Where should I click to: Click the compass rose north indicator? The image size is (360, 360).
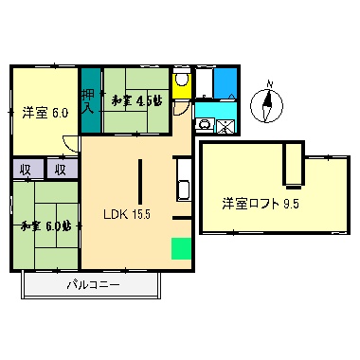pos(268,106)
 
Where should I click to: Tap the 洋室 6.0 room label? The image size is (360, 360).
pos(45,113)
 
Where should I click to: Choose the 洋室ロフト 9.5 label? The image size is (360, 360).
pos(260,203)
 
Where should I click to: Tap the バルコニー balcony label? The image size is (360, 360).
pos(93,285)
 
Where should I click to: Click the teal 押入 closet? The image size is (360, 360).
pos(89,100)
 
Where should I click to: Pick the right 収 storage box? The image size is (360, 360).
pos(59,171)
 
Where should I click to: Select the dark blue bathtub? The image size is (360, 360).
pos(225,82)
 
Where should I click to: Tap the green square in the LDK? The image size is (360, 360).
pos(180,248)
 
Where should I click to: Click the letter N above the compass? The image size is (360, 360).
pos(268,83)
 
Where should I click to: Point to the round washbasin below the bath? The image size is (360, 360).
pos(205,124)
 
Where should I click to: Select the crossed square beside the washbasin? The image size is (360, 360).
pos(226,126)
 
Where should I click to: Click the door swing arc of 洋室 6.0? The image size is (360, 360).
pos(69,145)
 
